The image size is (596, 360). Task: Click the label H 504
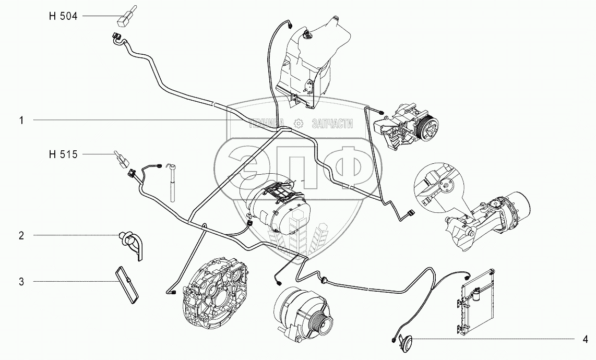62,17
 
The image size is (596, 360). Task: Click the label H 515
62,154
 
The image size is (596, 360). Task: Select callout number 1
21,121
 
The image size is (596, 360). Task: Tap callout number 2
21,236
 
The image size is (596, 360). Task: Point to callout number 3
21,282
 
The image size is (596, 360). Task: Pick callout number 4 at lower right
586,339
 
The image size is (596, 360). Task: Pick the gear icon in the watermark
298,123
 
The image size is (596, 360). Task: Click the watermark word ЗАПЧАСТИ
332,124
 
